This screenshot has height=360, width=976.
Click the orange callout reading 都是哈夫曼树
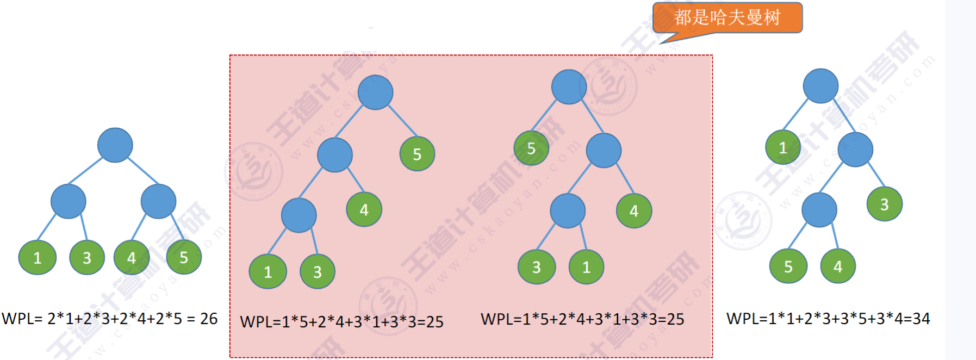pyautogui.click(x=727, y=17)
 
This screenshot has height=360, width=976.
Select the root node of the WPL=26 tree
pyautogui.click(x=115, y=145)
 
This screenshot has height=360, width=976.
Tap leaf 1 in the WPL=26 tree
pyautogui.click(x=37, y=257)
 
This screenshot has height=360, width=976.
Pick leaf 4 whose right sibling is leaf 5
pyautogui.click(x=131, y=257)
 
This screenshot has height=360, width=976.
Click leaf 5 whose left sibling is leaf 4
pyautogui.click(x=184, y=257)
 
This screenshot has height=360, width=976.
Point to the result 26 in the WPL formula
pyautogui.click(x=209, y=319)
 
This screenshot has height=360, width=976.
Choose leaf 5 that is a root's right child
pyautogui.click(x=417, y=154)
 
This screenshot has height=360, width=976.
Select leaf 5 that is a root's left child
pyautogui.click(x=531, y=148)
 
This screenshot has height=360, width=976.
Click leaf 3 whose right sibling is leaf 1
pyautogui.click(x=536, y=267)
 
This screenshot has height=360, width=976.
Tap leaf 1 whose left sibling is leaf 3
pyautogui.click(x=586, y=267)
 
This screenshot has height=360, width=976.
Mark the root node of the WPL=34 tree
pyautogui.click(x=820, y=86)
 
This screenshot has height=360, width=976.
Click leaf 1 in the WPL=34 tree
pyautogui.click(x=782, y=147)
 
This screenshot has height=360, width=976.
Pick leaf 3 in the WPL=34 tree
pyautogui.click(x=884, y=204)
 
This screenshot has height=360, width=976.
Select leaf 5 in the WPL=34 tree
pyautogui.click(x=788, y=266)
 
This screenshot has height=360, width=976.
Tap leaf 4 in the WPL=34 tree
pyautogui.click(x=838, y=266)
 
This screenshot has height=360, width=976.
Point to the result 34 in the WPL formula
pyautogui.click(x=921, y=319)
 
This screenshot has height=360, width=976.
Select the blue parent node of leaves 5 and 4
pyautogui.click(x=819, y=210)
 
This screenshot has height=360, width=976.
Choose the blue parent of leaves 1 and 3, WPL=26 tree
pyautogui.click(x=68, y=201)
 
